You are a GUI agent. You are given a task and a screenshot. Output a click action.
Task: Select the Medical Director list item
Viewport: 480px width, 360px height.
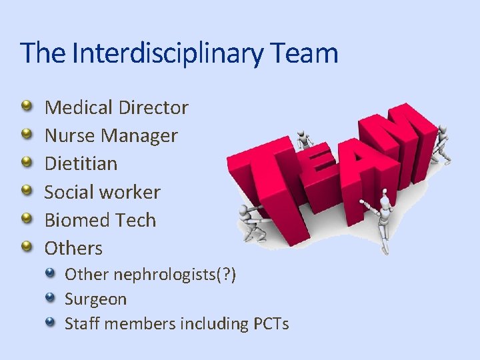(116, 107)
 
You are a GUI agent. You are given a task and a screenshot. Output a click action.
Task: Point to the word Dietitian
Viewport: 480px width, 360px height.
(81, 164)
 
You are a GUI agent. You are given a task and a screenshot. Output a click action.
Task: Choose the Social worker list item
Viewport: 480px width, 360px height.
(102, 192)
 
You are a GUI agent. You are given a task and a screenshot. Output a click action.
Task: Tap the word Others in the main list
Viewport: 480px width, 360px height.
(73, 249)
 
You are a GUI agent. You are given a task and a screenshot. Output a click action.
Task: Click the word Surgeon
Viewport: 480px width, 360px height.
(95, 299)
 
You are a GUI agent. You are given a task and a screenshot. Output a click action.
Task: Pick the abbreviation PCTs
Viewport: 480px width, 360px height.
(271, 324)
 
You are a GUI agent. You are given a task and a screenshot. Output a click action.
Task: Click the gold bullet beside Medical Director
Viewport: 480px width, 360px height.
(25, 107)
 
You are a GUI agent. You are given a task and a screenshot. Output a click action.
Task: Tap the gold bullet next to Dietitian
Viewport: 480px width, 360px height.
(25, 163)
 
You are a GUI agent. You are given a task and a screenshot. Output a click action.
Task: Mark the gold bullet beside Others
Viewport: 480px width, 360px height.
(25, 248)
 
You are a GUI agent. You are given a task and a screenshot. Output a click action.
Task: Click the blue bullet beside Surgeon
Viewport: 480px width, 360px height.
(51, 299)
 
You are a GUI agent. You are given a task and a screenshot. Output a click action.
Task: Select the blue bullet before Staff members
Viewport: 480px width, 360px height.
(51, 323)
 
